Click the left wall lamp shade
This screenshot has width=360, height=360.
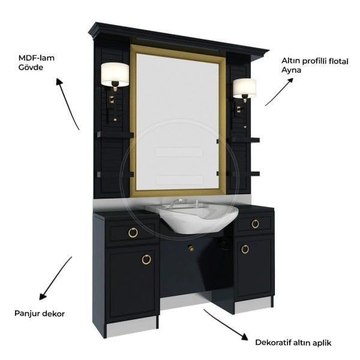(x=115, y=74)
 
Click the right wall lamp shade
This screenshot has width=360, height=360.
(x=245, y=88)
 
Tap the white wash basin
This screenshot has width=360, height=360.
(x=193, y=217)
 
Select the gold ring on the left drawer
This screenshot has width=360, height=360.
(x=133, y=232)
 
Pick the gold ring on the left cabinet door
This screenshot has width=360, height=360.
(x=146, y=259)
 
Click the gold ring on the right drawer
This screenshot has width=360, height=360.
(x=255, y=223)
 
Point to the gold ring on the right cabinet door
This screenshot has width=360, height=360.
(x=245, y=249)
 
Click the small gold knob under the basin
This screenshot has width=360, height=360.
(x=191, y=248)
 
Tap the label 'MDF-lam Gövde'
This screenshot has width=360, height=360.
(x=37, y=62)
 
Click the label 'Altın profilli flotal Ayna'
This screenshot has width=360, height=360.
(x=315, y=65)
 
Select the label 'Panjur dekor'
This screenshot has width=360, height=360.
(x=40, y=314)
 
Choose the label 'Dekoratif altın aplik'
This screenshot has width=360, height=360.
(x=293, y=343)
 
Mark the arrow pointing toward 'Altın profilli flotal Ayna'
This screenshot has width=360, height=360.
(x=279, y=92)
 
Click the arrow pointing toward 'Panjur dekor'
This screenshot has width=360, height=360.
(x=56, y=278)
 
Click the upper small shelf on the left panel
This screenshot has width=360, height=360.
(x=115, y=135)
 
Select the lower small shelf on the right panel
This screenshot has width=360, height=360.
(x=244, y=173)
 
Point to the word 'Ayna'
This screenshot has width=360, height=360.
(x=291, y=70)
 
